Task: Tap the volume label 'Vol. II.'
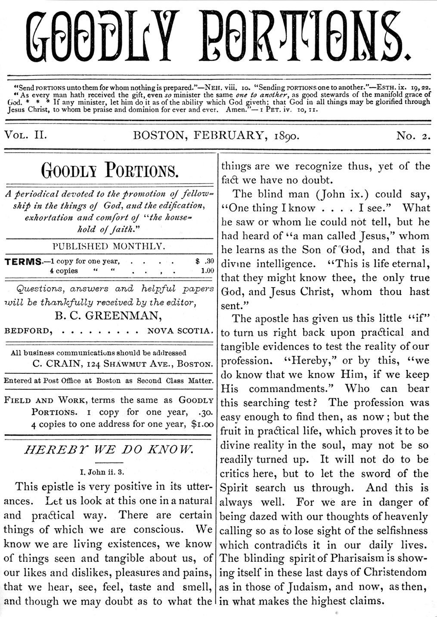25,135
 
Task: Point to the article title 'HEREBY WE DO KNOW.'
108,450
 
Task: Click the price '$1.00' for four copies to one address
202,424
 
